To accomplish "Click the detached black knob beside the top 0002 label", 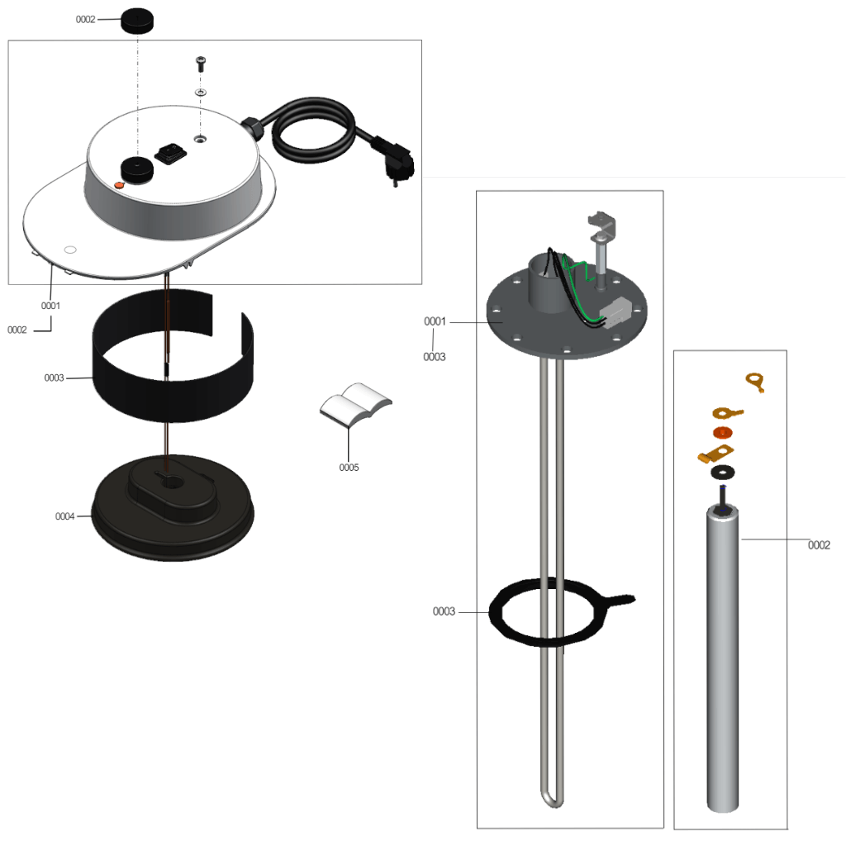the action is pos(136,21).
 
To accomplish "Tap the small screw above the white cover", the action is pos(200,64).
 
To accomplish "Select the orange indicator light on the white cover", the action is pos(119,184).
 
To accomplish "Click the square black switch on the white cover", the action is pos(171,153).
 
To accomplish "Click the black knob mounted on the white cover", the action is pos(136,169).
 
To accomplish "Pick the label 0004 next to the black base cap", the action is pos(64,516).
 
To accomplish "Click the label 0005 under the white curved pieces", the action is pos(349,468).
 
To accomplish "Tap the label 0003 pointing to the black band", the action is pos(54,378).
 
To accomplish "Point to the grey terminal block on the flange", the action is pos(615,312).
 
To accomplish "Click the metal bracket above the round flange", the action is pos(602,226).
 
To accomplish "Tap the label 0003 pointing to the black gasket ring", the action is pos(444,611).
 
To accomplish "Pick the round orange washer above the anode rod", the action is pos(722,432).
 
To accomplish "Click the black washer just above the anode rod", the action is pos(722,473).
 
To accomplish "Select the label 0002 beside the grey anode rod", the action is pos(819,545).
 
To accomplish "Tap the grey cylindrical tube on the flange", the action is pos(547,283).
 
